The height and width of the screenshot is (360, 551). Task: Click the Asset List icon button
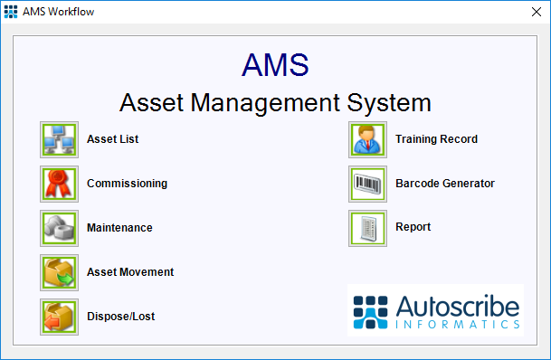click(60, 139)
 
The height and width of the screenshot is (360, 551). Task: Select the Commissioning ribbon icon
click(60, 184)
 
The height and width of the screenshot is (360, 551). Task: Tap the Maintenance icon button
click(60, 228)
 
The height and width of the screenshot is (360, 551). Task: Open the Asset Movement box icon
click(60, 272)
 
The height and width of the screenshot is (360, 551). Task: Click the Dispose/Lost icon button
click(60, 317)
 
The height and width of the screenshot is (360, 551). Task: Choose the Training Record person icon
click(367, 139)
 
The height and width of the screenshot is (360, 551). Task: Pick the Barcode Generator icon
click(367, 184)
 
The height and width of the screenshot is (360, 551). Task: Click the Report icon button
click(367, 228)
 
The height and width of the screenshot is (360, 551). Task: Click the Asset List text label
click(112, 139)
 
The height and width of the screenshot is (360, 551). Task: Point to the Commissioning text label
click(127, 184)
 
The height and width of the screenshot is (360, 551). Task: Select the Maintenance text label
click(119, 228)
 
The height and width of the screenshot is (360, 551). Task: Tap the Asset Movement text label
click(130, 272)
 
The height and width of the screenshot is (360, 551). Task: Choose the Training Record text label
click(436, 139)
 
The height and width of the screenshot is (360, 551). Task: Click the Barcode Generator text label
click(445, 184)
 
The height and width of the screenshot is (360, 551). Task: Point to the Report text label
click(413, 228)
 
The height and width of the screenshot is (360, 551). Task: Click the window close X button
click(531, 13)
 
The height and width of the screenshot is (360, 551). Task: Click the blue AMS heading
click(275, 64)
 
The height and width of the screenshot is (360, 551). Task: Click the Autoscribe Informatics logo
click(435, 310)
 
